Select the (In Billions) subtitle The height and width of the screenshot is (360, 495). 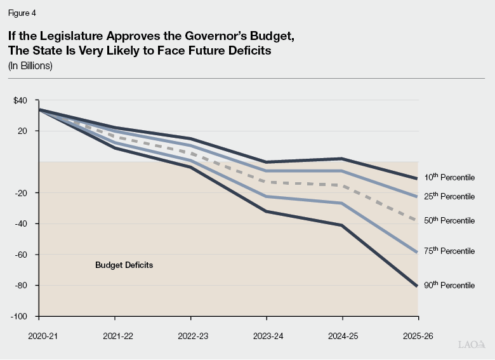click(x=30, y=65)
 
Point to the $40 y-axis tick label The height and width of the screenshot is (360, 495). click(x=20, y=100)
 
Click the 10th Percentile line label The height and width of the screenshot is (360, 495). click(x=449, y=177)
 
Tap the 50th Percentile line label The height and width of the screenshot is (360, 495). click(x=449, y=220)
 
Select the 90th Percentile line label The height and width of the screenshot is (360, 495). click(x=449, y=285)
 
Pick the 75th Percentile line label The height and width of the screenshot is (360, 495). click(x=449, y=251)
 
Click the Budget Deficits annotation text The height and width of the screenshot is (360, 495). click(x=124, y=265)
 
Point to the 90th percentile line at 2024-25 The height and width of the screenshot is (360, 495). click(x=343, y=225)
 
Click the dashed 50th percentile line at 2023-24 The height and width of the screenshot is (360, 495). click(x=267, y=182)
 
